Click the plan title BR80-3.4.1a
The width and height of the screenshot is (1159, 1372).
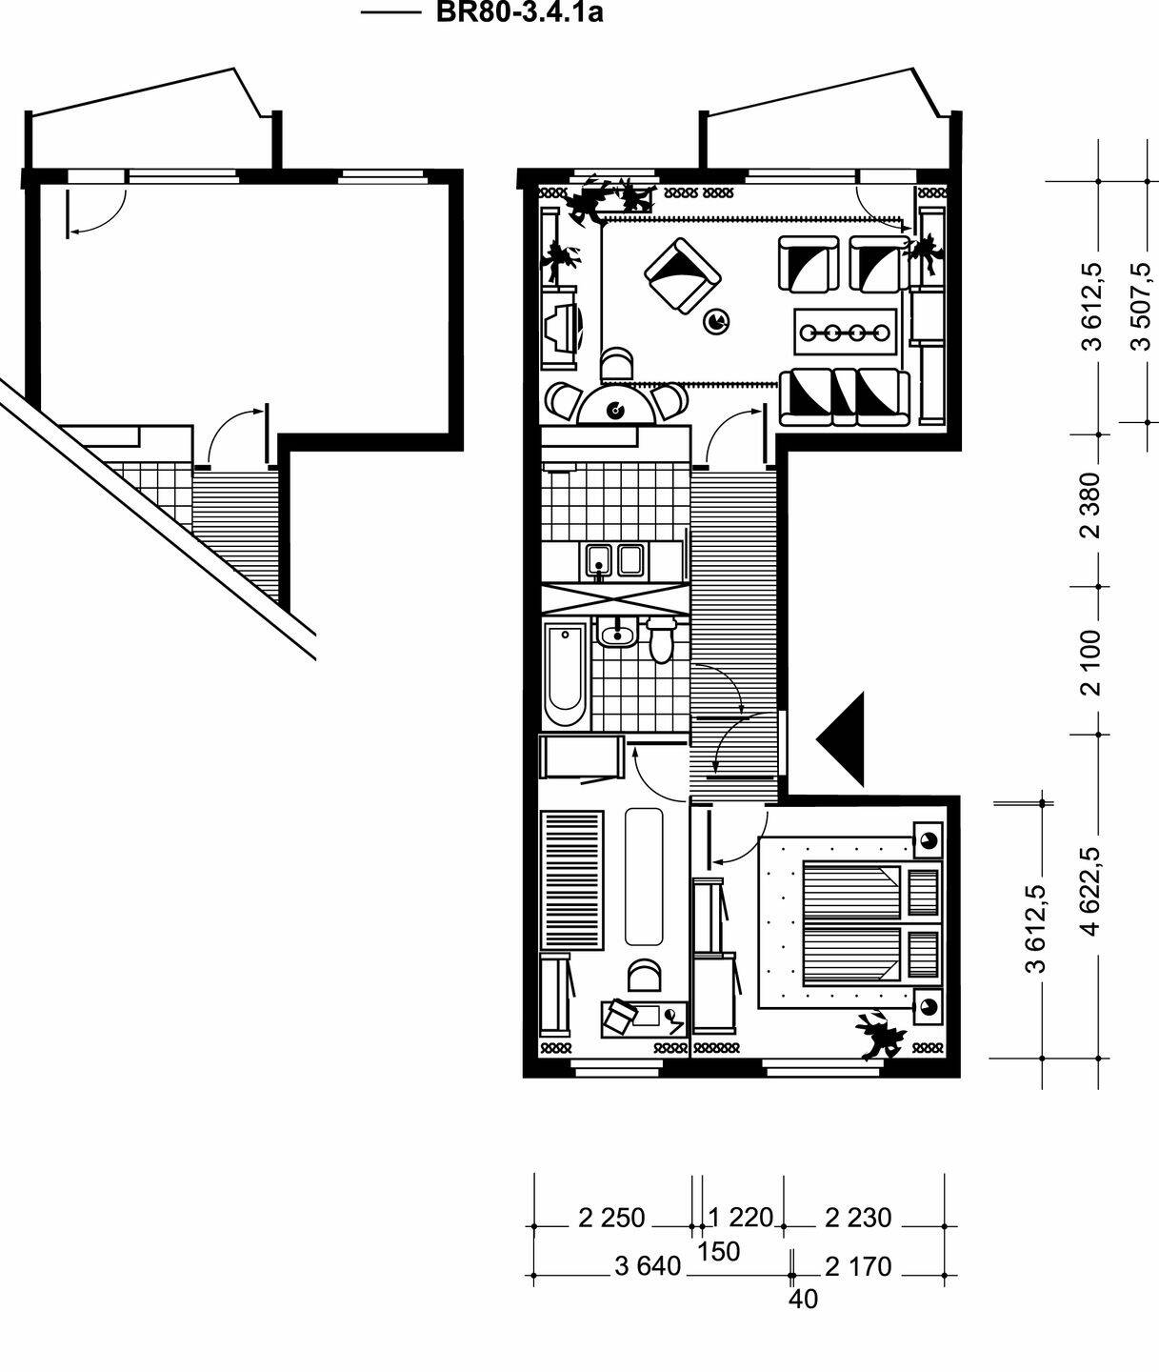(519, 12)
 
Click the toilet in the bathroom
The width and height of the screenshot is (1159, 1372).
(660, 639)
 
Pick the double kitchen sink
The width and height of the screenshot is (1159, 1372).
(614, 561)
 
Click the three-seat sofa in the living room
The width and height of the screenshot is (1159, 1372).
(844, 397)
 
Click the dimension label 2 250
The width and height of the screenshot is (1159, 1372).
(611, 1218)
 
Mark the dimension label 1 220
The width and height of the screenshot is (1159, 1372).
(740, 1218)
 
